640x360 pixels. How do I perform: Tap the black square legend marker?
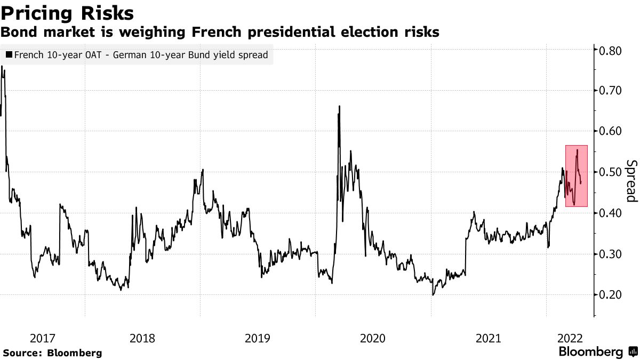pyautogui.click(x=10, y=54)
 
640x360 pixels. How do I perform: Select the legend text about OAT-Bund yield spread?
pyautogui.click(x=141, y=54)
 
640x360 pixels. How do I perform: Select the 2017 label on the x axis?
pyautogui.click(x=43, y=338)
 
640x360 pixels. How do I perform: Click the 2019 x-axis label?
pyautogui.click(x=258, y=338)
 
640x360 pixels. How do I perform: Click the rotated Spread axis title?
pyautogui.click(x=631, y=181)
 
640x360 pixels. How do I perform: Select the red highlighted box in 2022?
pyautogui.click(x=577, y=176)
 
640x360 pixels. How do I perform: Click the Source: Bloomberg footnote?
pyautogui.click(x=52, y=353)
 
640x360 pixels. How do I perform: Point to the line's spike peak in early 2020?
pyautogui.click(x=339, y=107)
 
